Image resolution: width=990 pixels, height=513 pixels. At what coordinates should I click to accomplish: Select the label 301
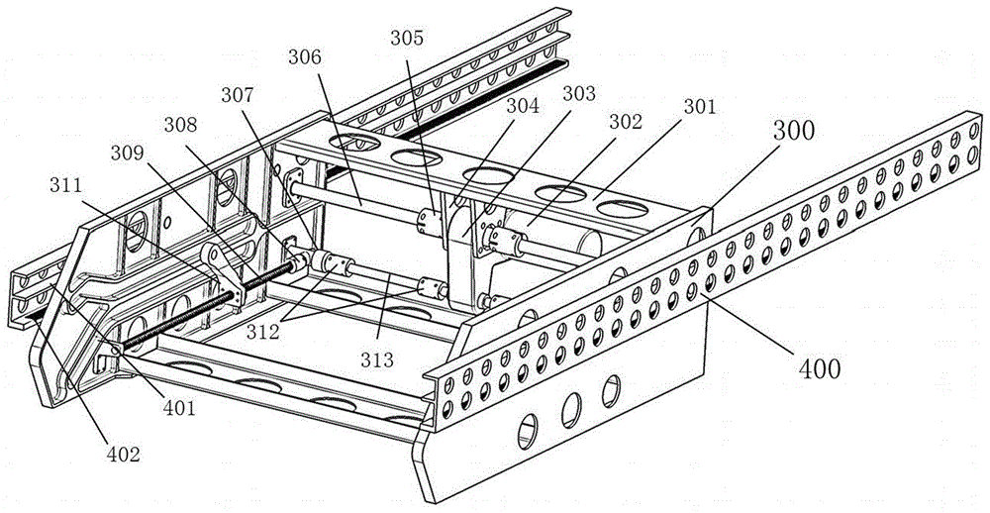[698, 106]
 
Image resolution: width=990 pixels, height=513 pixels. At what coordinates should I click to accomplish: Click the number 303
[579, 93]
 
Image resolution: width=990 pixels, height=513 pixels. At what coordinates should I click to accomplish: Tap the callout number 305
[407, 39]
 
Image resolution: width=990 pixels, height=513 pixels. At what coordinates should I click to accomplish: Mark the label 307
[239, 96]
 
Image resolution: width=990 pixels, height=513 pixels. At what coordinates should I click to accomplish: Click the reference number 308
[186, 126]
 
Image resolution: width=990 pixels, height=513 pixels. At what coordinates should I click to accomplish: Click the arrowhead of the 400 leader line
[704, 293]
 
